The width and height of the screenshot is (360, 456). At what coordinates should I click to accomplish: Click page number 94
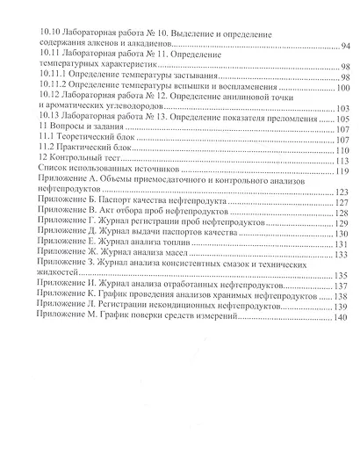(x=344, y=45)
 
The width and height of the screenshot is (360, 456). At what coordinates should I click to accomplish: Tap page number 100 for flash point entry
(x=342, y=88)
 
